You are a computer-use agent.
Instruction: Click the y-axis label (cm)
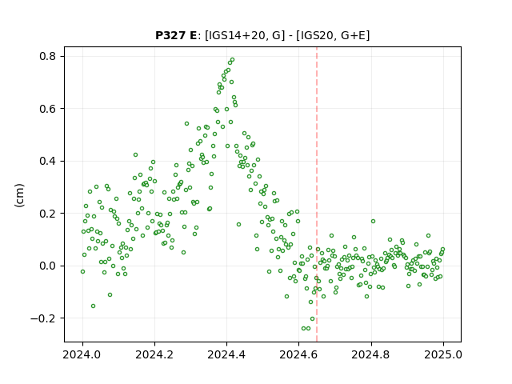19,195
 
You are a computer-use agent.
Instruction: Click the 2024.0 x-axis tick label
82,354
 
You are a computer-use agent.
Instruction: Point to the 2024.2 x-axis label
154,354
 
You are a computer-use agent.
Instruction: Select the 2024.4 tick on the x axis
226,354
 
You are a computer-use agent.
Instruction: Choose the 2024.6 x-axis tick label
298,354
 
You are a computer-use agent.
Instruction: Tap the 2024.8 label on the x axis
370,354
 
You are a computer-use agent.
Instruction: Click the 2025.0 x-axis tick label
443,354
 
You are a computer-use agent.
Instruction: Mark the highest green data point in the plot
233,60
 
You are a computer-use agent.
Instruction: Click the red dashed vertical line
317,194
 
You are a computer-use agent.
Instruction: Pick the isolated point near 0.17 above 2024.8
374,222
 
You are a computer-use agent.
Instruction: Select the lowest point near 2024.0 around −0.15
93,306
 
